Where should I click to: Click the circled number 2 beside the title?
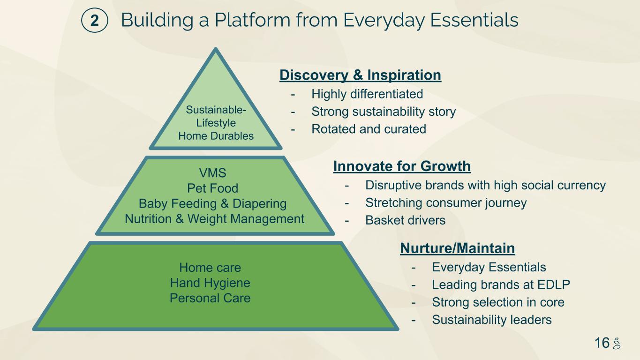tap(94, 21)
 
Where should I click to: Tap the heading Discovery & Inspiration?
tap(360, 75)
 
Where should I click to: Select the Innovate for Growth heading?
tap(402, 166)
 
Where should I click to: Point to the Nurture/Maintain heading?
tap(457, 248)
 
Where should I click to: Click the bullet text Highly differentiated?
tap(367, 94)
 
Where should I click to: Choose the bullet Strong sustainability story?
tap(384, 112)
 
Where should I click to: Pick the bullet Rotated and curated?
tap(369, 129)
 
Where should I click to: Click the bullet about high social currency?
tap(485, 185)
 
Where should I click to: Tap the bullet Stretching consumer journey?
tap(446, 203)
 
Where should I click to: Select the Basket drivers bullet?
tap(405, 220)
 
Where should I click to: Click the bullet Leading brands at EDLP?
tap(501, 285)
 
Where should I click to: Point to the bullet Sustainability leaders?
tap(491, 320)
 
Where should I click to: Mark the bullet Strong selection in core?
tap(498, 302)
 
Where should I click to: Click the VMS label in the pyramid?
tap(212, 173)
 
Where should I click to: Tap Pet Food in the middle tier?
tap(212, 188)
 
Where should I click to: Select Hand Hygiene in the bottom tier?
tap(210, 283)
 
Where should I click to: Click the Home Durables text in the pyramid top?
tap(216, 136)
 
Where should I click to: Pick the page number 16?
tap(602, 343)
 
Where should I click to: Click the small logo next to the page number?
tap(617, 343)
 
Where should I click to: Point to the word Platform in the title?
tap(252, 20)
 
